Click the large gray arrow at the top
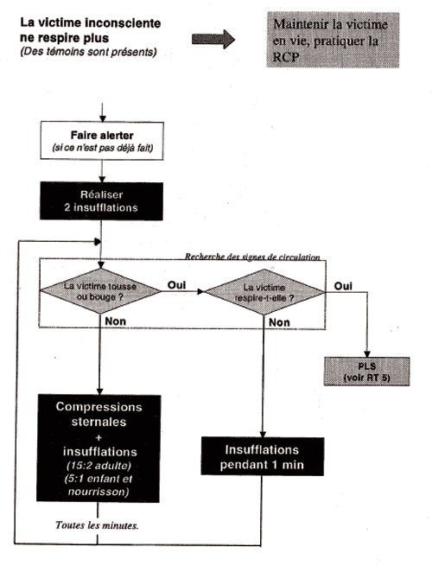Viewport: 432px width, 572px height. coord(213,39)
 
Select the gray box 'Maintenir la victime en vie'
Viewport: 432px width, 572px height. coord(333,40)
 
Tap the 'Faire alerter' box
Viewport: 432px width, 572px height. coord(102,141)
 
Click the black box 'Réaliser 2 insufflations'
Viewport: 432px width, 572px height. coord(101,201)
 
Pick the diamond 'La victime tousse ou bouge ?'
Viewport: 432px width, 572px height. coord(100,291)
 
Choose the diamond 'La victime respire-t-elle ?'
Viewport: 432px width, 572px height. coord(264,292)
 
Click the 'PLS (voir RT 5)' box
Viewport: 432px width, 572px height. coord(366,372)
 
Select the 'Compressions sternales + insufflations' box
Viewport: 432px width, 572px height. coord(98,448)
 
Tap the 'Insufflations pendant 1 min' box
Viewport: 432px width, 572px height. coord(263,456)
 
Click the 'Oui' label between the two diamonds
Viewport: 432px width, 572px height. coord(176,285)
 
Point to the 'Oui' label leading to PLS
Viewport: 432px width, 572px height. coord(343,286)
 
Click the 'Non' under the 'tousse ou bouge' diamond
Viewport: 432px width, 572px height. coord(115,321)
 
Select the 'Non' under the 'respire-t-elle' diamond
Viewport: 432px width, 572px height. coord(279,322)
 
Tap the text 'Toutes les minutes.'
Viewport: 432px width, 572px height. coord(97,525)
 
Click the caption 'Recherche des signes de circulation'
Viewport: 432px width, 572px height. coord(252,257)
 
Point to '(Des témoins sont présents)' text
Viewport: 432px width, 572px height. coord(88,52)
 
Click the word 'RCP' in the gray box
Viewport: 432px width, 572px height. coord(286,57)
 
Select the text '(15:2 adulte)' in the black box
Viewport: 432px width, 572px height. coord(98,466)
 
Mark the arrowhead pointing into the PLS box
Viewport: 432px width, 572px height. coord(367,354)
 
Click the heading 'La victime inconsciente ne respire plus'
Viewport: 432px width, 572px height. coord(91,30)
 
